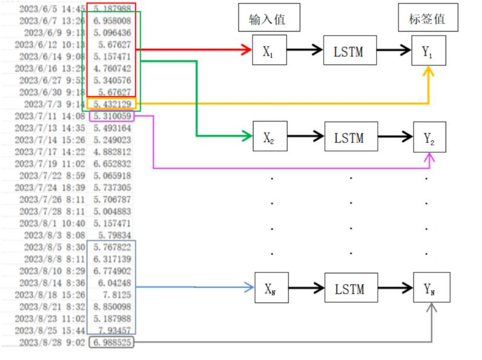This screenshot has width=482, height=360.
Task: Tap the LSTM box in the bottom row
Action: (349, 289)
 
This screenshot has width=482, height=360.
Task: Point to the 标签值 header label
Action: (428, 19)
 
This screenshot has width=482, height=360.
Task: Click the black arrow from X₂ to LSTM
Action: (306, 137)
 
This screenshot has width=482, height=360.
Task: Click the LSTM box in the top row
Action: (349, 51)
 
